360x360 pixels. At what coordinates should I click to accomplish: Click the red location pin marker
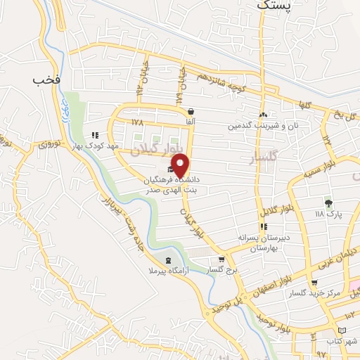tap(181, 165)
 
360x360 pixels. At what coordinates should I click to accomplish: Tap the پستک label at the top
tap(273, 5)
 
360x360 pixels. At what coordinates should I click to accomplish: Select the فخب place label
tap(47, 79)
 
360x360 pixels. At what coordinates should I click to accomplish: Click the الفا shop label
tap(191, 122)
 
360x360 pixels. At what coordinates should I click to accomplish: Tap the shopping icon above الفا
tap(191, 111)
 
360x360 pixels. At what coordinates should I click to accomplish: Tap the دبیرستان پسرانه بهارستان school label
tap(264, 243)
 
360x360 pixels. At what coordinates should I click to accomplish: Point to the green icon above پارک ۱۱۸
tap(328, 202)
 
